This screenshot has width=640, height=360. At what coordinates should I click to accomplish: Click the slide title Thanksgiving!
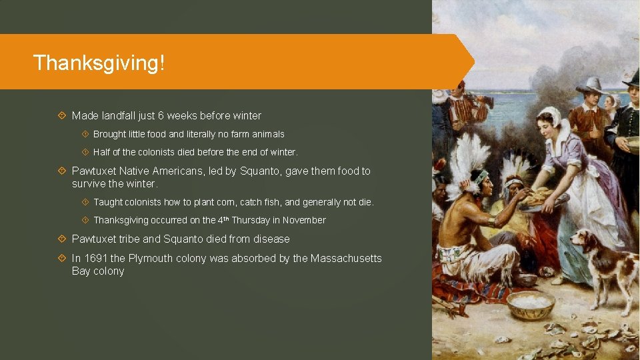tap(99, 63)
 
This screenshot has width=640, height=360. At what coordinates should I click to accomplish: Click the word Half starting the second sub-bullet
tap(102, 152)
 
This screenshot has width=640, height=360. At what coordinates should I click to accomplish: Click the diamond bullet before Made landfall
tap(61, 116)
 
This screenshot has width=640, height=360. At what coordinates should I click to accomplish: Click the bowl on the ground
tap(530, 304)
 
